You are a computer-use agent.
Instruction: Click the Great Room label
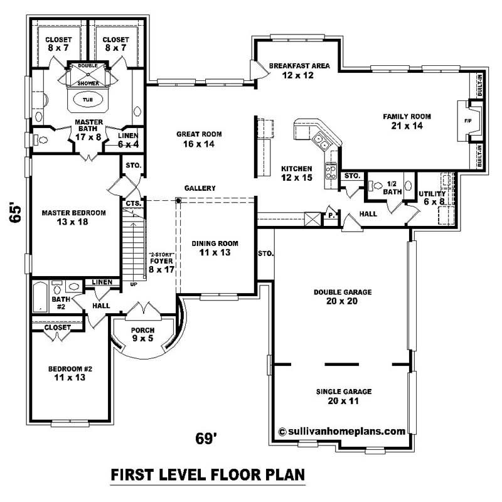click(199, 139)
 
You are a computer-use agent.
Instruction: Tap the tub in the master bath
click(85, 100)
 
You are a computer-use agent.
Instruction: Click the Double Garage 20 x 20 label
click(344, 296)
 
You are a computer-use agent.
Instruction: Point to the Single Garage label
click(344, 395)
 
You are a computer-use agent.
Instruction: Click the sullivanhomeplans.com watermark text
click(341, 431)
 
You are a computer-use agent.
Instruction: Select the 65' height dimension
click(17, 212)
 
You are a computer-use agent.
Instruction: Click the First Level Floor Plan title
click(208, 474)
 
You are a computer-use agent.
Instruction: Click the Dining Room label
click(215, 248)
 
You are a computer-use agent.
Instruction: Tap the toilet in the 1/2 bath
click(376, 186)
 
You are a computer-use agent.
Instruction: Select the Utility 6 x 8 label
click(432, 198)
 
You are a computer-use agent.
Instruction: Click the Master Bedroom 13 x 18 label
click(73, 217)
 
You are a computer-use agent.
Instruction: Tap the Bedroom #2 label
click(70, 373)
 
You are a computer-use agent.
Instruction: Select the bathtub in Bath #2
click(40, 297)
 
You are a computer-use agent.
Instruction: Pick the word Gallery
click(200, 188)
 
